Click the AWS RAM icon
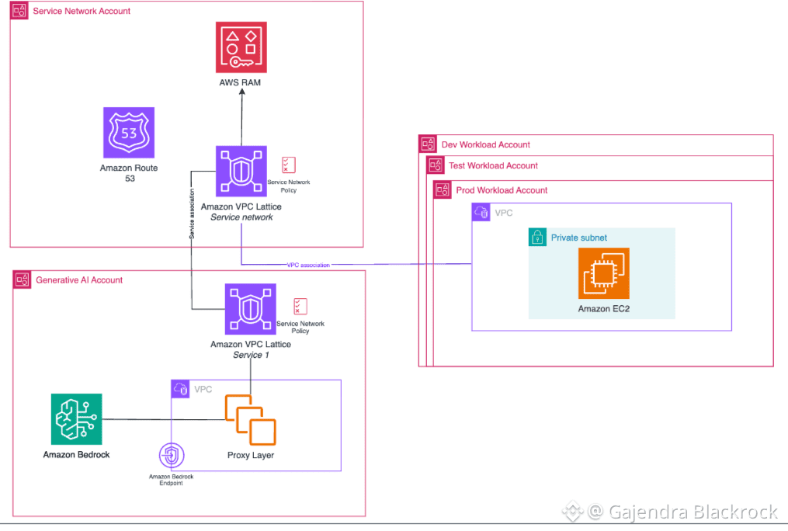tap(241, 46)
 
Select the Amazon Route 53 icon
tap(129, 133)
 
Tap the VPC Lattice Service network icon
tap(241, 171)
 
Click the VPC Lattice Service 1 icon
tap(251, 309)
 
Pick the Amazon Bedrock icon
tap(76, 419)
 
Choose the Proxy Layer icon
tap(251, 420)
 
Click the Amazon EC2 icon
tap(604, 273)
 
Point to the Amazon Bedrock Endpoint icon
tap(171, 456)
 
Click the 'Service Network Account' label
tap(82, 12)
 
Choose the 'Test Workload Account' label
tap(493, 165)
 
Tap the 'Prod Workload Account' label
tap(502, 190)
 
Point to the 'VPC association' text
tap(308, 265)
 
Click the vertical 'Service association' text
tap(191, 212)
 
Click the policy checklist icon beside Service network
tap(289, 165)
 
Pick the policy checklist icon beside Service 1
tap(300, 307)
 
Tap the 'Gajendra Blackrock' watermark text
tap(683, 512)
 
